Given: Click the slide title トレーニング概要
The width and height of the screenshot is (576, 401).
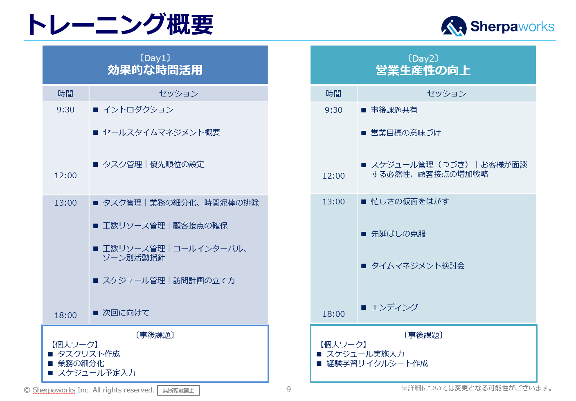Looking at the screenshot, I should [x=119, y=25].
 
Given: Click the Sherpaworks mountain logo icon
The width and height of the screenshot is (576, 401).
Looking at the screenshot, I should [x=454, y=27].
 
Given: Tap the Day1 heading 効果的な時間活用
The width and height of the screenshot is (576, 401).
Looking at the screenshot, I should [x=155, y=70].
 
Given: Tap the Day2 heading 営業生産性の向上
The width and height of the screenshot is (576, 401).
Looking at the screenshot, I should [x=423, y=70].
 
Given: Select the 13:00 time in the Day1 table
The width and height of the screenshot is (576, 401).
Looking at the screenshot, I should [x=65, y=203].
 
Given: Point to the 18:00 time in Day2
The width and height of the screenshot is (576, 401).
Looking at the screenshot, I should [x=333, y=314].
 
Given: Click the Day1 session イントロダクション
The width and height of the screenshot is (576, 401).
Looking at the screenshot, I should [x=138, y=110].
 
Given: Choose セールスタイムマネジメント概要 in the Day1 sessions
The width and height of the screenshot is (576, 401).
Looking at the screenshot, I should [x=161, y=132].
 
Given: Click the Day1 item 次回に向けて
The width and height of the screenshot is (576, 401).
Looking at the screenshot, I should [x=126, y=313].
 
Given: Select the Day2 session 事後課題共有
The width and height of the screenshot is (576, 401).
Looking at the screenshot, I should [x=394, y=110].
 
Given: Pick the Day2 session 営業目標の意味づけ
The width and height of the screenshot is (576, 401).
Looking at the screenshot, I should [x=405, y=133].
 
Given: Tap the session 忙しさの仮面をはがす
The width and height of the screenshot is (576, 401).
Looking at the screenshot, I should [x=409, y=202].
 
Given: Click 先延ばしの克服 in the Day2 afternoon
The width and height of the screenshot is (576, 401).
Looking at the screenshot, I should [x=398, y=234].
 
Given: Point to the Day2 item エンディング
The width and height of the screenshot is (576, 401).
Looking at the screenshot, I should [x=394, y=307].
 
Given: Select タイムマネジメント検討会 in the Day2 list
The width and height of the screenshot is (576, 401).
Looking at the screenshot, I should [x=417, y=266].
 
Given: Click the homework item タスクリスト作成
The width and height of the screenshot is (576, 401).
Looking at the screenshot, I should [x=88, y=354].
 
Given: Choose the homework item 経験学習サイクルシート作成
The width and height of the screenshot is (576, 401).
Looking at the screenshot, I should [x=377, y=363].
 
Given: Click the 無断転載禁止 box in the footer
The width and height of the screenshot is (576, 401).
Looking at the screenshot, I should [x=178, y=390].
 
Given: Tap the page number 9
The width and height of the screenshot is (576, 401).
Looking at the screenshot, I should [x=288, y=389].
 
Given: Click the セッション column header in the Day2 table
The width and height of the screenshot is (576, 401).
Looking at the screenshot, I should [x=446, y=94].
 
